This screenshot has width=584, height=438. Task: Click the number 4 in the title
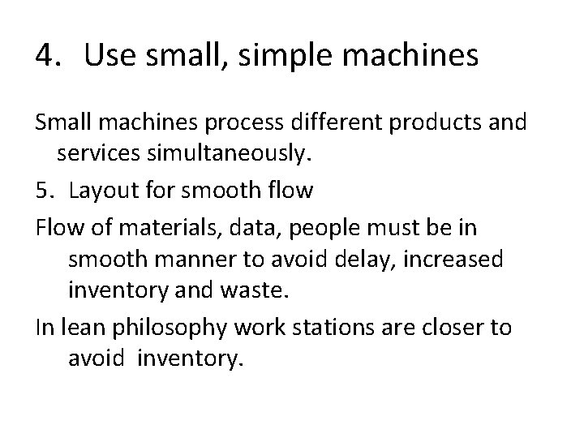pyautogui.click(x=45, y=56)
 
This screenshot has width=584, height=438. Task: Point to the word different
pyautogui.click(x=323, y=123)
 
